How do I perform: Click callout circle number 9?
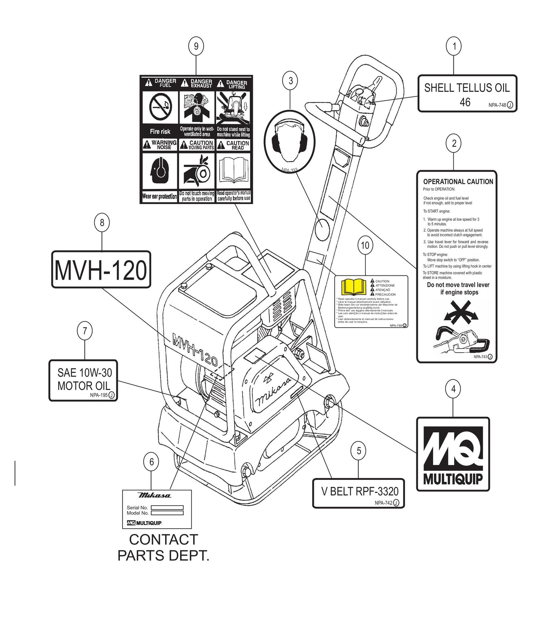(196, 46)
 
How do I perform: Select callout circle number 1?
(454, 46)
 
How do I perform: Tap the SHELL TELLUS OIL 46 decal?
(467, 93)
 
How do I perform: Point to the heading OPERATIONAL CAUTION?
(458, 182)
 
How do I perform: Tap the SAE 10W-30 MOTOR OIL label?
(84, 380)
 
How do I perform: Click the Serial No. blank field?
(167, 507)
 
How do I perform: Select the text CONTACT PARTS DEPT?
(163, 547)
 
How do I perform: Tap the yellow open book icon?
(354, 287)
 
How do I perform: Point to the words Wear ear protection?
(159, 196)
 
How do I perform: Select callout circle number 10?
(365, 245)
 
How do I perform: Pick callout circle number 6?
(151, 461)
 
